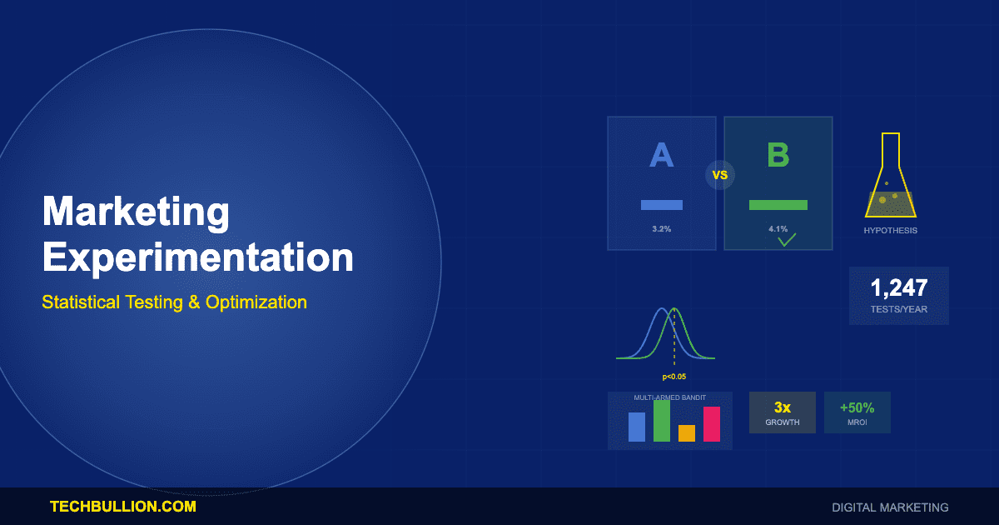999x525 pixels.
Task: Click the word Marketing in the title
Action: click(x=136, y=212)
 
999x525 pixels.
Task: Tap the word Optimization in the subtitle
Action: click(x=256, y=302)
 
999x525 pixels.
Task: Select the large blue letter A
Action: click(x=661, y=156)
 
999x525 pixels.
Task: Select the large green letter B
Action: click(x=778, y=156)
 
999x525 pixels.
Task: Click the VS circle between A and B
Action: click(x=720, y=175)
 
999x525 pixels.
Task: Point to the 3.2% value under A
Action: click(x=661, y=228)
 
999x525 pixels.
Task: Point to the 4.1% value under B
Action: click(x=778, y=228)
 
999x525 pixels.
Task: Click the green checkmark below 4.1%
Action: click(x=787, y=241)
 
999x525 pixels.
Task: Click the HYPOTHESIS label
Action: click(x=890, y=230)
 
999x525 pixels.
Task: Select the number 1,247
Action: click(x=898, y=288)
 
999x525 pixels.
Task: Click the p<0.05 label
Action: click(x=674, y=377)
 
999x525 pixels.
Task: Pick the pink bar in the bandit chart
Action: click(x=711, y=423)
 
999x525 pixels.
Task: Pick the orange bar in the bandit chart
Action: click(x=687, y=432)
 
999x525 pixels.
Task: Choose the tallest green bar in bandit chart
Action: click(x=662, y=420)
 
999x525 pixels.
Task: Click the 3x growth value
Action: click(x=782, y=407)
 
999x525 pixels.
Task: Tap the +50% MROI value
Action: click(x=857, y=407)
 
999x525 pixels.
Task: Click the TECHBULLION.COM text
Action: click(x=123, y=506)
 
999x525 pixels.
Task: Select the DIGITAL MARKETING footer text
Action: click(x=890, y=507)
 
